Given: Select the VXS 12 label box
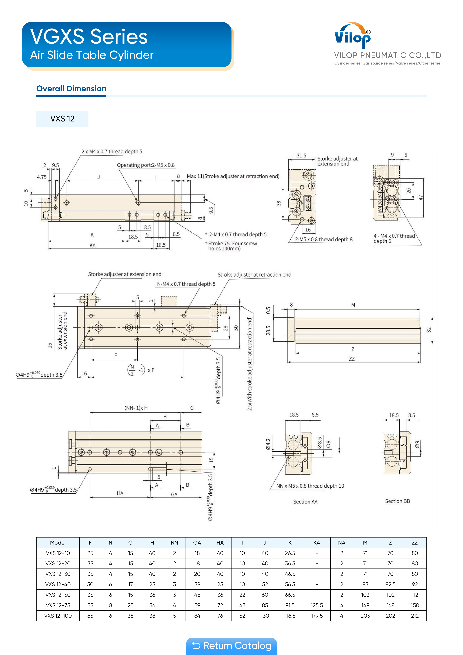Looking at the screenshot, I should tap(62, 119).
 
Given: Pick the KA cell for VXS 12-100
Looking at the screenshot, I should tap(317, 616).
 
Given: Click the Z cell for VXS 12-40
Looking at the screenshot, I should tap(390, 584).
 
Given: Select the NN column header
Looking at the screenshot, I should tap(174, 543).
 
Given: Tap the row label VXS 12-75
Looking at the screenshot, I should tap(58, 605).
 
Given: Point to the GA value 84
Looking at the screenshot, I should tap(197, 616).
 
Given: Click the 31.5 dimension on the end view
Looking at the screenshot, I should tap(301, 156).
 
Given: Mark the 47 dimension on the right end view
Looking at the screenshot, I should tap(420, 197).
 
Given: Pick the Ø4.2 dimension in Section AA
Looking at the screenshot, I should tap(268, 444).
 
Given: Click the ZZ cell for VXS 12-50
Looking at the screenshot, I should tap(415, 595).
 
